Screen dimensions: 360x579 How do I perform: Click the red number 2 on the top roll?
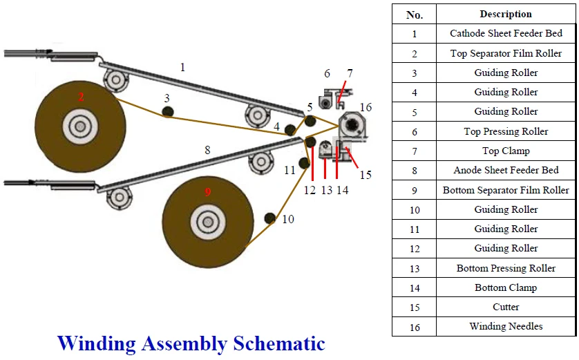81,97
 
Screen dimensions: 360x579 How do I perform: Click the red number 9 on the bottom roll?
207,192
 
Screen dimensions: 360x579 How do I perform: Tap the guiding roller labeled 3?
167,112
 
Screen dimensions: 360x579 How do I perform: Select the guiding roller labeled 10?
269,219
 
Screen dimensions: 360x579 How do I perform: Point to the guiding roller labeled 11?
303,163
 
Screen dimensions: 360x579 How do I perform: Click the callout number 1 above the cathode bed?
182,68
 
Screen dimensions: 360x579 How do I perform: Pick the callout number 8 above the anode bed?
207,149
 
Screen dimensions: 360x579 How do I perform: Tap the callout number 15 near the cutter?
365,175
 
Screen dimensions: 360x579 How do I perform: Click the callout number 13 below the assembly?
327,190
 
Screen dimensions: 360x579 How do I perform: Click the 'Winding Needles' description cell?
506,326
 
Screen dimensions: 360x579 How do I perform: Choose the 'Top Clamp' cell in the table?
506,151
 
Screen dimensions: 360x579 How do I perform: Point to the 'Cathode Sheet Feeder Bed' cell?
506,33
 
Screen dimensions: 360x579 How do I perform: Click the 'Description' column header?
506,14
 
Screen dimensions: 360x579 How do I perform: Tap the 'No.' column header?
414,14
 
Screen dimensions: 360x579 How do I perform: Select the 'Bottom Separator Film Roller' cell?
506,190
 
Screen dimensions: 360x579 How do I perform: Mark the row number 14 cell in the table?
414,287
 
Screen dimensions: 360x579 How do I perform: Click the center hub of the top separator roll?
80,126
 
